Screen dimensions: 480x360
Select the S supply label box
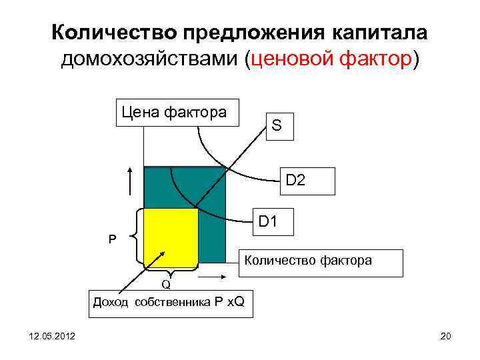click(276, 125)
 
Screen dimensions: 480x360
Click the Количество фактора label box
click(321, 262)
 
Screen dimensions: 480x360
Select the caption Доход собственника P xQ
click(168, 302)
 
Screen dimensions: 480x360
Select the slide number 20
click(446, 339)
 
